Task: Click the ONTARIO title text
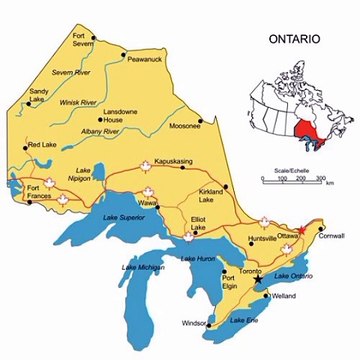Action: point(294,40)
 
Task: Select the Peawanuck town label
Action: point(145,60)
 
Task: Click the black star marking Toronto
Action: point(258,280)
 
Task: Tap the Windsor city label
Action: point(196,323)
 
